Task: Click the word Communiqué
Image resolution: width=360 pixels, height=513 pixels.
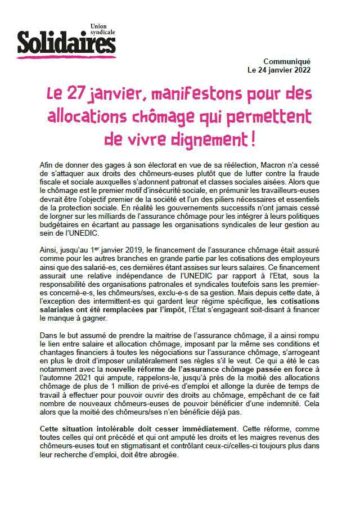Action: (287, 62)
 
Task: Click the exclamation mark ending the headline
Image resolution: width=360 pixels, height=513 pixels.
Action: (252, 137)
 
